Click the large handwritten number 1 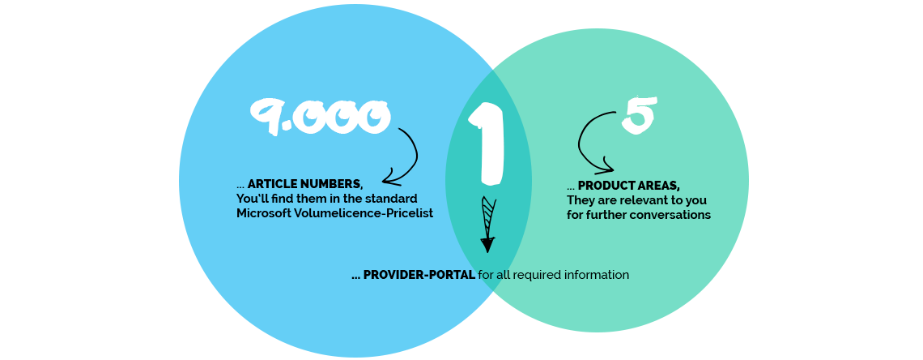pos(488,143)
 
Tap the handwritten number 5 pos(638,115)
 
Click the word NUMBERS pos(334,185)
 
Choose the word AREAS pos(660,186)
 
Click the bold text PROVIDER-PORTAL pos(419,275)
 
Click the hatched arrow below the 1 pos(487,224)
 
